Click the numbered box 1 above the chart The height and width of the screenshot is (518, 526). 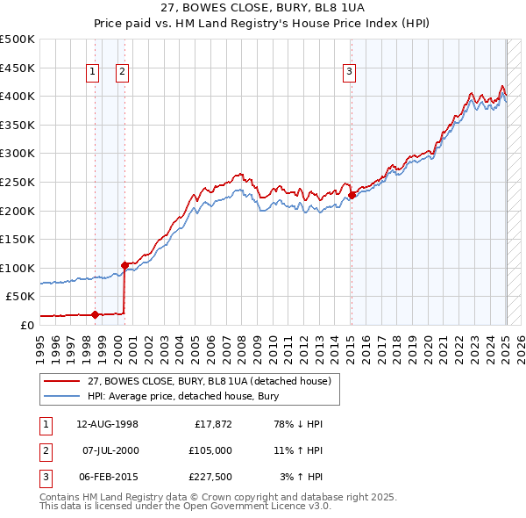pyautogui.click(x=93, y=72)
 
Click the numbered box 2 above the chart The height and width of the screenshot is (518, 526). pyautogui.click(x=122, y=72)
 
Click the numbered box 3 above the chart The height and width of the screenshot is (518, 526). pyautogui.click(x=349, y=72)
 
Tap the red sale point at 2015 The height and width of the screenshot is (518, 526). pyautogui.click(x=351, y=195)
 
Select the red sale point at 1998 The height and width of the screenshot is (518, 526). pyautogui.click(x=95, y=314)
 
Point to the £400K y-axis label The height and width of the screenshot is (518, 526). pyautogui.click(x=18, y=96)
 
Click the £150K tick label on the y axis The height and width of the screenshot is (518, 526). pyautogui.click(x=18, y=239)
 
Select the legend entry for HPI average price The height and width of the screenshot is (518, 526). pyautogui.click(x=182, y=396)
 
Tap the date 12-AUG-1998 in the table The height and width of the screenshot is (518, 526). pyautogui.click(x=107, y=424)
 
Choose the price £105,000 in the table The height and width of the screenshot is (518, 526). pyautogui.click(x=210, y=450)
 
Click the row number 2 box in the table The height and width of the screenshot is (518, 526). pyautogui.click(x=44, y=450)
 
